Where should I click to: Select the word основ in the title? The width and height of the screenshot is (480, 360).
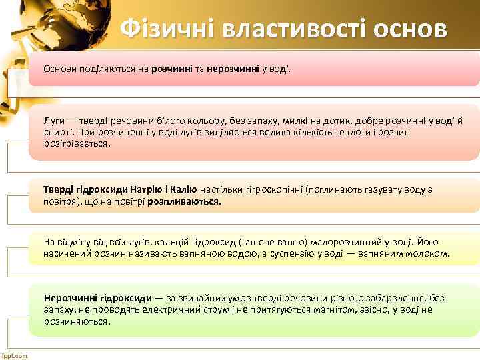pos(410,29)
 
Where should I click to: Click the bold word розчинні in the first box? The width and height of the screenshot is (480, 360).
pos(172,69)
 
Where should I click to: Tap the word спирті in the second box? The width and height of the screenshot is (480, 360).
pos(57,132)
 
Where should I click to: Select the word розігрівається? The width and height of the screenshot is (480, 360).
pos(75,143)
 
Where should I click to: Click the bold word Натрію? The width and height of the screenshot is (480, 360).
pos(159,190)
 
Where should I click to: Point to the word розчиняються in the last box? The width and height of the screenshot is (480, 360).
pos(76,321)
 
